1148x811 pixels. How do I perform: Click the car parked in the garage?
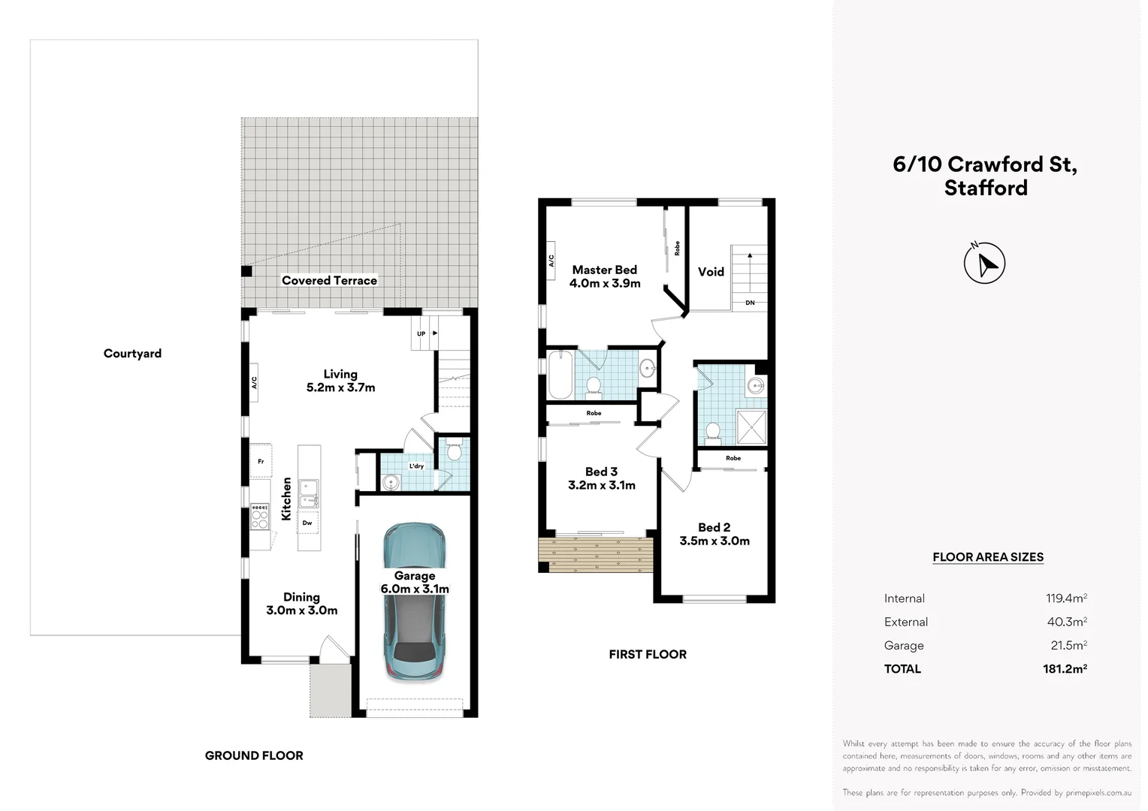click(x=414, y=601)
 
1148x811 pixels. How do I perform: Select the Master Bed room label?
click(x=604, y=270)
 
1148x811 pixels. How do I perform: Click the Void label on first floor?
click(x=711, y=272)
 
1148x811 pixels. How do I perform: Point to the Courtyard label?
click(x=132, y=354)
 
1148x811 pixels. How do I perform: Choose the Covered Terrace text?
click(x=329, y=281)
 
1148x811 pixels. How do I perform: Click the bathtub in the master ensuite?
click(x=560, y=375)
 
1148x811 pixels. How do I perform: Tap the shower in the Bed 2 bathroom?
click(x=751, y=427)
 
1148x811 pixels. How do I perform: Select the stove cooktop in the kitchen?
click(x=259, y=516)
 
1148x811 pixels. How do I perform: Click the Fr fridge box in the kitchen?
click(x=261, y=461)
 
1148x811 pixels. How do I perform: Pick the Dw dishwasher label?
click(x=307, y=523)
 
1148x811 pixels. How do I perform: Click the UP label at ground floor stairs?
click(x=421, y=333)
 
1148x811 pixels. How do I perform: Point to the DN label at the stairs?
click(x=750, y=303)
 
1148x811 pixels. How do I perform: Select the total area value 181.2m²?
click(x=1065, y=669)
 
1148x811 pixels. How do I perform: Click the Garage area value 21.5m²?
click(x=1068, y=646)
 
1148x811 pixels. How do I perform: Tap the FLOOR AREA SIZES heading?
click(x=987, y=557)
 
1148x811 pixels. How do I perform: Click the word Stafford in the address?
click(x=986, y=188)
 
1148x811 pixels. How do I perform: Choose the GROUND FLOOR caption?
click(x=254, y=755)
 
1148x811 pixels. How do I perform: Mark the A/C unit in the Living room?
click(x=254, y=382)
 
